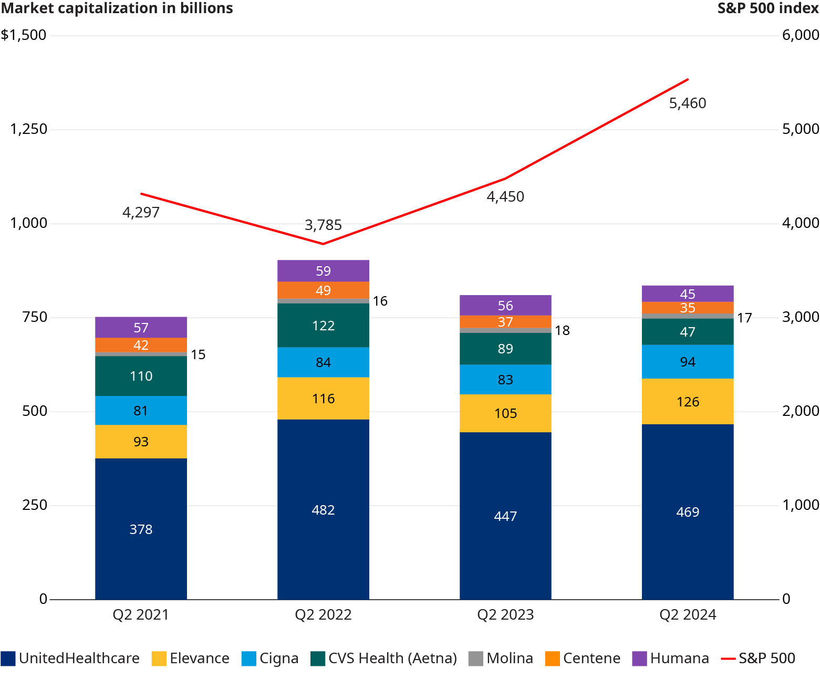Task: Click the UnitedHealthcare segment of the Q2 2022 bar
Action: coord(323,509)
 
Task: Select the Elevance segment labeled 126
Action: coord(688,402)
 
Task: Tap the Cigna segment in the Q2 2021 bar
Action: coord(141,410)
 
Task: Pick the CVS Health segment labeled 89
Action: coord(505,349)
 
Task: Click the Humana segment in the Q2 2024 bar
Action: coord(688,294)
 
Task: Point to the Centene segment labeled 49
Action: coord(323,290)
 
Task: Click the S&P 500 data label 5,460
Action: coord(688,103)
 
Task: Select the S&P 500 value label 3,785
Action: coord(323,225)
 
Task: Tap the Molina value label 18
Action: coord(562,330)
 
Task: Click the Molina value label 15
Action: coord(198,355)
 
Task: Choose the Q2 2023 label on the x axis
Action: coord(505,615)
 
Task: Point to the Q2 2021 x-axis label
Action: coord(141,615)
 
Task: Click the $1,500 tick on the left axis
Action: coord(24,35)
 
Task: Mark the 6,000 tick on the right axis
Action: coord(801,35)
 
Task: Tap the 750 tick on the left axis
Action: coord(35,317)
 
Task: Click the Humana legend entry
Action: coord(671,658)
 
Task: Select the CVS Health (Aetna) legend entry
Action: coord(384,658)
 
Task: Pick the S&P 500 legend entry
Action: coord(759,658)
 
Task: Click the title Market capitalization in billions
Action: coord(117,8)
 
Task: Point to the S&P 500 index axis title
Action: coord(768,8)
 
